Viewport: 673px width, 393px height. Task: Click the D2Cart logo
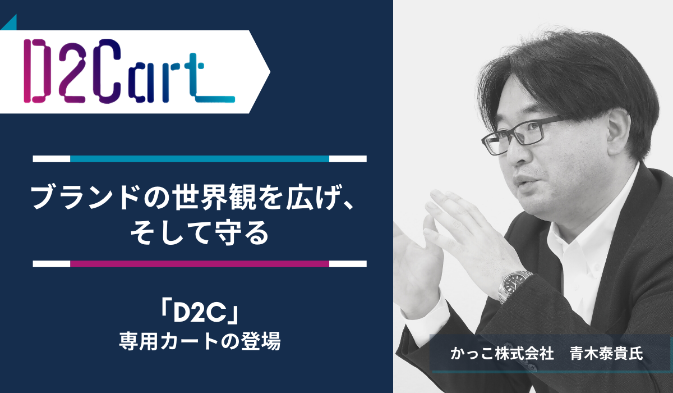[x=129, y=71]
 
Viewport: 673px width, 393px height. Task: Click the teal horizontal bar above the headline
[x=200, y=159]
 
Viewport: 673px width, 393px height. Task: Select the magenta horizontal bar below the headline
[x=200, y=264]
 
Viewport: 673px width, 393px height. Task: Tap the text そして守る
[x=200, y=233]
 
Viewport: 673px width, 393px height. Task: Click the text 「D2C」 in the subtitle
[x=200, y=314]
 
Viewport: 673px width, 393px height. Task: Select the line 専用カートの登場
[x=200, y=341]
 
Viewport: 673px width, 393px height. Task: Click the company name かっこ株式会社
[x=502, y=353]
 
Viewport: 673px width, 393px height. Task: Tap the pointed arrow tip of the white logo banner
[x=270, y=71]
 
